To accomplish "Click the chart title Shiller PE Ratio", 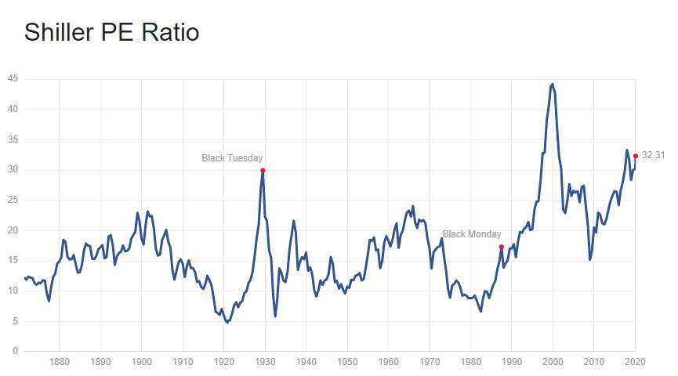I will click(111, 32).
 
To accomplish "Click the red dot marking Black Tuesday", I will click(263, 170).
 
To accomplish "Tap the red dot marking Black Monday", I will click(501, 247).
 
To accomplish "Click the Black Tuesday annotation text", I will click(232, 157).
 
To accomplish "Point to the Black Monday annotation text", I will click(471, 234).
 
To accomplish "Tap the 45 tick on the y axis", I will click(13, 79).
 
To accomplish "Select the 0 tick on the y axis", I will click(16, 351).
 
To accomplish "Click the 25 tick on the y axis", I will click(13, 200).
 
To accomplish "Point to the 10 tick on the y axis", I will click(13, 291).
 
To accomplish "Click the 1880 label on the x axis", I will click(59, 363).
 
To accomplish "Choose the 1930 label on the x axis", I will click(265, 363).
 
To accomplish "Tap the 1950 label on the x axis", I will click(347, 363).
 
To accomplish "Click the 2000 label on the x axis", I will click(553, 363).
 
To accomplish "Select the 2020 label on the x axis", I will click(635, 363).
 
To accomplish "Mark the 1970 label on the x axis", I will click(430, 363).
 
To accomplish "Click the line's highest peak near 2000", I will click(553, 84).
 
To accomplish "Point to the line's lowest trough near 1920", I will click(227, 322).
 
